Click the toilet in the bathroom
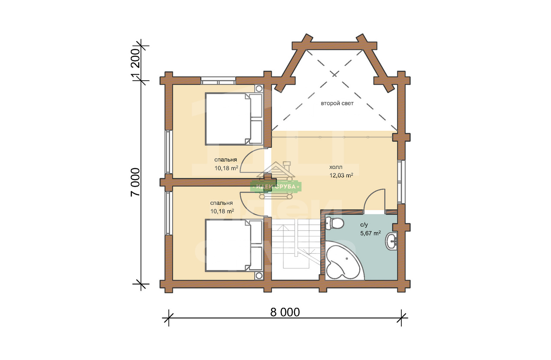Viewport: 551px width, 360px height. coord(335,223)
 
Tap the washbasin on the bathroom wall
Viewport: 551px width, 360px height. coord(391,241)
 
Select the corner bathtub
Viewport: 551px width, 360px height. coord(344,261)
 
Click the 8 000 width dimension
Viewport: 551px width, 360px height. coord(285,313)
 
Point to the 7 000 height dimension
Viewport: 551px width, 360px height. coord(135,182)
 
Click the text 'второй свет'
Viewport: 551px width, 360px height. coord(337,104)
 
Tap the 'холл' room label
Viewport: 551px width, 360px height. coord(336,167)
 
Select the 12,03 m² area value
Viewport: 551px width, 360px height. coord(341,175)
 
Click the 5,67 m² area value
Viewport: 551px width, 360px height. coord(371,233)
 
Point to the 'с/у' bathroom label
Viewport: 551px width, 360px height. coord(364,225)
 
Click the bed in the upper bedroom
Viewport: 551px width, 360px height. coord(234,118)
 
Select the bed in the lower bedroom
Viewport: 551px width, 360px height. coord(234,245)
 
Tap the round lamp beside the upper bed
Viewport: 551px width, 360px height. coord(259,88)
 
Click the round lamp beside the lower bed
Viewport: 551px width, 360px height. coord(259,276)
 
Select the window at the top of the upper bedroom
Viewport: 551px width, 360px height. coord(218,81)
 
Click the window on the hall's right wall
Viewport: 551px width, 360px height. coord(401,182)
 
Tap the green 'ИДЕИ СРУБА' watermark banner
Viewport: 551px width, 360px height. coord(276,187)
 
